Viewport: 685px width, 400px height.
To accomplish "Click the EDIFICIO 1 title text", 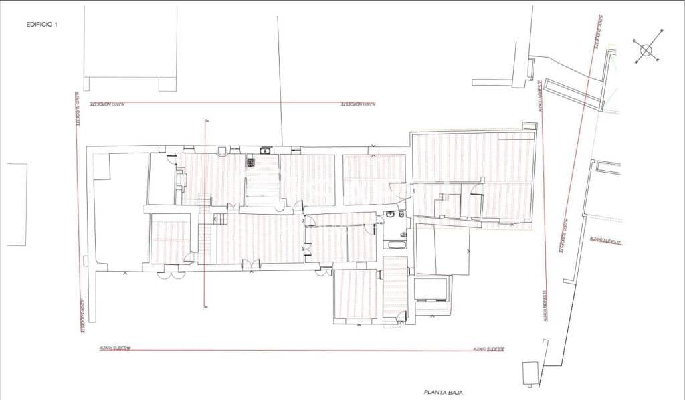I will point(42,24).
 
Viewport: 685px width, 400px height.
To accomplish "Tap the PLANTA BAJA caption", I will point(444,393).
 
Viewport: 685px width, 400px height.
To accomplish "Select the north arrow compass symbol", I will point(646,49).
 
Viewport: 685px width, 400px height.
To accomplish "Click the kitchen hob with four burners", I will point(251,161).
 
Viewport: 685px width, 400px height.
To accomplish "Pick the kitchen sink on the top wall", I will point(266,150).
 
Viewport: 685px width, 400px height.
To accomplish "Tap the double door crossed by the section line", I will point(250,265).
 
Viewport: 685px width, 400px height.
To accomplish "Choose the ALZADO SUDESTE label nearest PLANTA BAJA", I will point(488,349).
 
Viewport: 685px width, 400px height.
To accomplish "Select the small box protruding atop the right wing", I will point(528,126).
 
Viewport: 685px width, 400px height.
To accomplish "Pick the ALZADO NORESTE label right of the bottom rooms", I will point(546,306).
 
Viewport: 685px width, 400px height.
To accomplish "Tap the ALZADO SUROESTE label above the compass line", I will point(595,33).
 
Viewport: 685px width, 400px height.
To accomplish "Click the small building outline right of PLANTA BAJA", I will point(530,373).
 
